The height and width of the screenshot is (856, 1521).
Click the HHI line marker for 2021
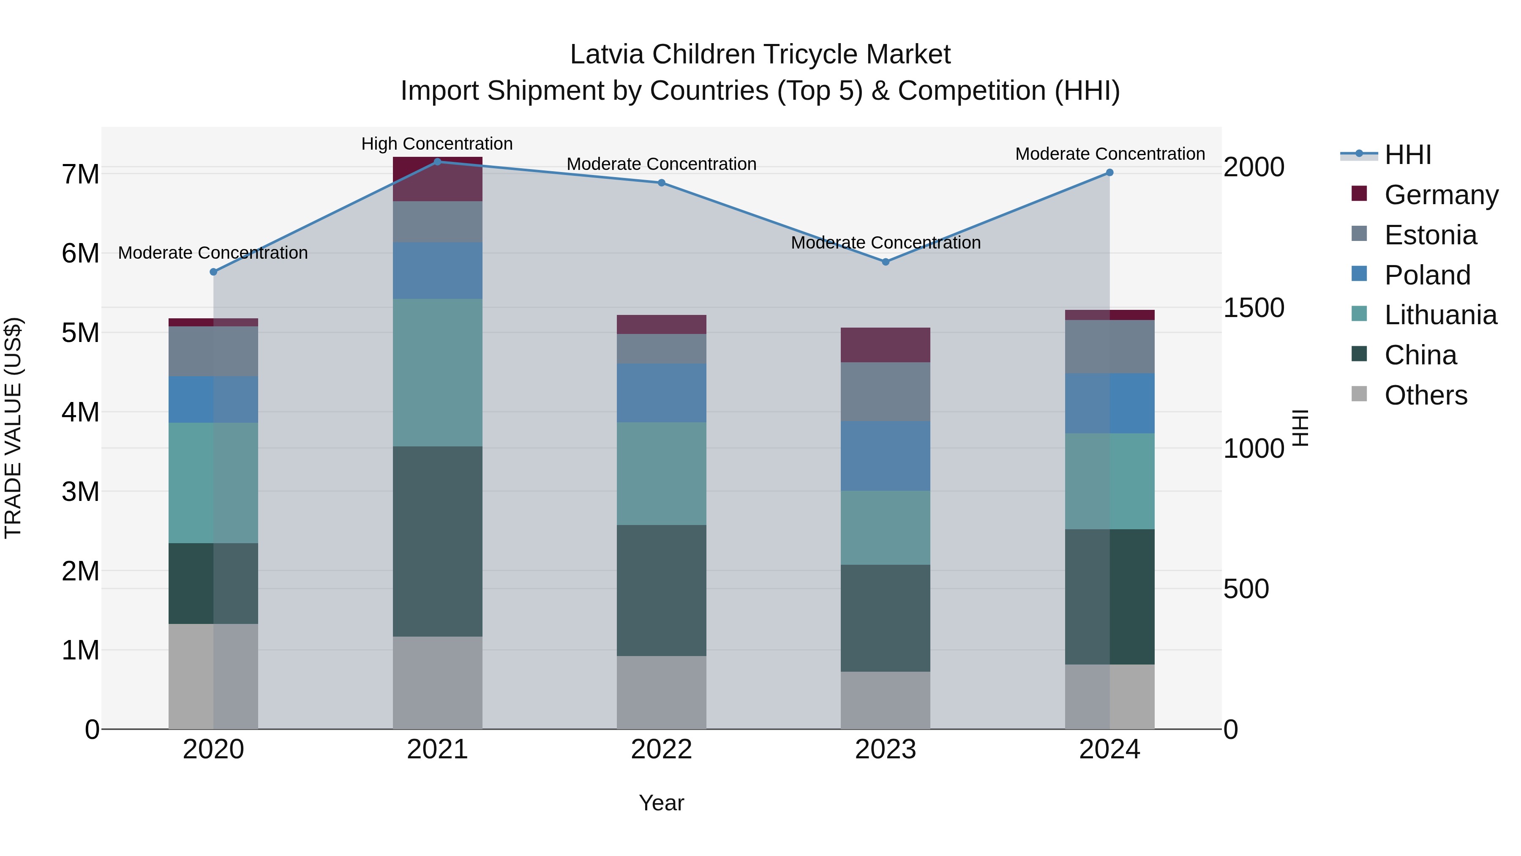click(438, 161)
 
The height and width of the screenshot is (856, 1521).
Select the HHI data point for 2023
click(886, 262)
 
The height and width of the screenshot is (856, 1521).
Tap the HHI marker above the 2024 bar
click(1109, 172)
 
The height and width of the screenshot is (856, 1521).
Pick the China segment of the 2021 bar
click(438, 541)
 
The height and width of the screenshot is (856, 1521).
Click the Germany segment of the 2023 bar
click(886, 345)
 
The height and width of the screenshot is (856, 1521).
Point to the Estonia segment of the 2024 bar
click(1109, 346)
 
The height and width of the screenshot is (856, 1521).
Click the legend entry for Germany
click(1441, 195)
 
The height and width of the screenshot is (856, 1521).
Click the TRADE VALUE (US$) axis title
click(13, 428)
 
